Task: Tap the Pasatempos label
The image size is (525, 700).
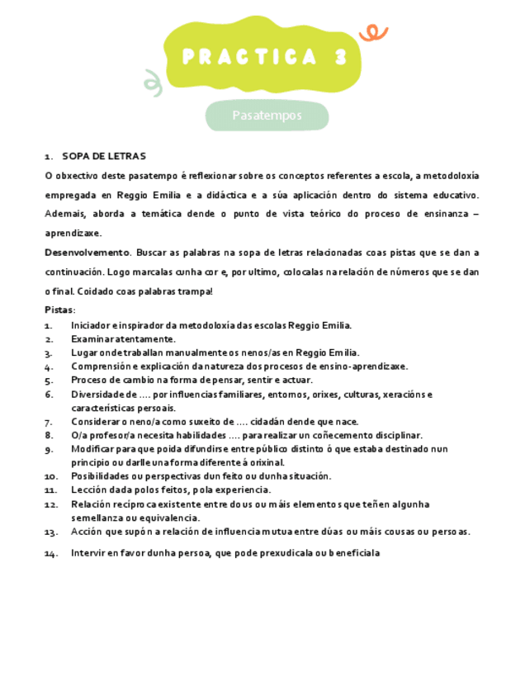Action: coord(267,116)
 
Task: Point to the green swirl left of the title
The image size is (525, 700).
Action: coord(151,80)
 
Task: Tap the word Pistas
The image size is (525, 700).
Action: coord(59,310)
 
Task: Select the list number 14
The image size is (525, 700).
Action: coord(50,554)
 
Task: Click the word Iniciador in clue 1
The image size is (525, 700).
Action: coord(90,325)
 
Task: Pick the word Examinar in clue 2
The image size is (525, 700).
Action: coord(91,339)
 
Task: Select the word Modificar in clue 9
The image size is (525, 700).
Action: coord(92,449)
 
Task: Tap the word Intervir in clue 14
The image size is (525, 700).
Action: coord(88,553)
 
